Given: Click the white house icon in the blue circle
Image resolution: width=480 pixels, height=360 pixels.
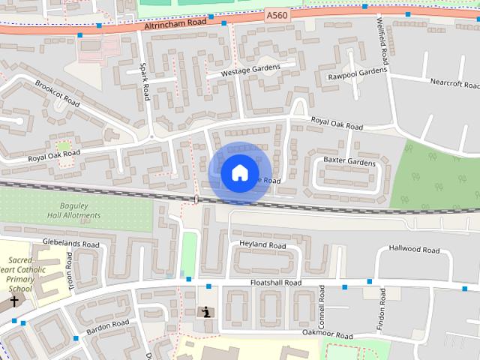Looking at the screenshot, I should point(239,172).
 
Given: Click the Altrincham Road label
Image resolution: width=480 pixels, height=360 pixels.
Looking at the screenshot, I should point(175,25).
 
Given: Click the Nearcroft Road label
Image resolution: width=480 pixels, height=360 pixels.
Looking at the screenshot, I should point(454,82).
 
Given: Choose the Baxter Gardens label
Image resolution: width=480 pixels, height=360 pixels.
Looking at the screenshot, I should point(349,162).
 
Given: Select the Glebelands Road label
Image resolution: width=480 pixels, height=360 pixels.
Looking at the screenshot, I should point(70,244).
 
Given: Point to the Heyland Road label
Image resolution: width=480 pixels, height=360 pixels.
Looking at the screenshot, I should point(262,246).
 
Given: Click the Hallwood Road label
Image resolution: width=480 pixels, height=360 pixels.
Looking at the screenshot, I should point(414,249).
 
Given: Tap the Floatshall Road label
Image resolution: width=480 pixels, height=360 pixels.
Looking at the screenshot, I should point(275,283).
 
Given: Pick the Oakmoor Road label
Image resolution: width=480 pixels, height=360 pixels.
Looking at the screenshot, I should point(327,334).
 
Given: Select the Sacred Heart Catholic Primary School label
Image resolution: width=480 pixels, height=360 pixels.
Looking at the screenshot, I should point(21,274).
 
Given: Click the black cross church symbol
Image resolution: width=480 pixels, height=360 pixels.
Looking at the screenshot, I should point(14,301).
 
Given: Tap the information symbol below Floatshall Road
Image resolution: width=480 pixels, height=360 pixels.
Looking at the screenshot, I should point(205,311).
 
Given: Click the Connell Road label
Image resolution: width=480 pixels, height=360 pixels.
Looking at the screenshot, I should point(321,304).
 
